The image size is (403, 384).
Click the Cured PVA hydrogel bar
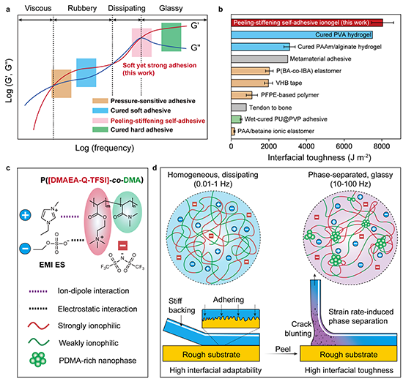coord(302,34)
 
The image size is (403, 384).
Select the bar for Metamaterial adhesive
coord(259,59)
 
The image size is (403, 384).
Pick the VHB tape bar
coord(250,83)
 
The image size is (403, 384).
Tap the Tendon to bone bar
coord(239,108)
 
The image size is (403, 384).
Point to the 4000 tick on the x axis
coord(306,146)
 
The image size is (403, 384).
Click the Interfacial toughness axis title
coord(319,157)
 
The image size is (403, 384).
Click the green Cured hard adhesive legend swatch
coord(100,129)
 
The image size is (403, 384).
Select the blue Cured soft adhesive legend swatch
coord(100,110)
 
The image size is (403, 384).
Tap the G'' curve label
coord(196,48)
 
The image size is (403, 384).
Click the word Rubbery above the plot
coord(82,8)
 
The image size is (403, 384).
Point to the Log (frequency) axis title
coord(105,148)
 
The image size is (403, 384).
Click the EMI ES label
coord(52,265)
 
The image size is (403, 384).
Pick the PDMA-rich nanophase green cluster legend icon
coord(38,360)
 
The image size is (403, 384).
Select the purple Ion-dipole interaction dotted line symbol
coord(37,291)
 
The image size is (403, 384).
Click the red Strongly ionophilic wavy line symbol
coord(38,325)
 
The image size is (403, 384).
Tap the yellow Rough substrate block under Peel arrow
coord(348,353)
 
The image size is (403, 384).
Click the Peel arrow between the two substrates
coord(281,354)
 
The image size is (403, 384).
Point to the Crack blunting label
coord(298,329)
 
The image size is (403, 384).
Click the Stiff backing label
coord(182,306)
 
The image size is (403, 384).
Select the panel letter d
coord(155,168)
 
